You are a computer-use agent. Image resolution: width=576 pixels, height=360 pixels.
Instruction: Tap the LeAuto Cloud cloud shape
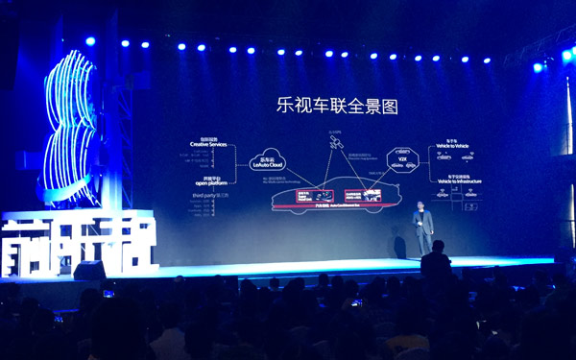[x=268, y=162]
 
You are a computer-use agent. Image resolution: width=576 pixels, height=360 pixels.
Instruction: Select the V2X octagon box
[x=402, y=157]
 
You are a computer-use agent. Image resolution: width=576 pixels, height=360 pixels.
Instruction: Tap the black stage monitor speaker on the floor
[x=89, y=272]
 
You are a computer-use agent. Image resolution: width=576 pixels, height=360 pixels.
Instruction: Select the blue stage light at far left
[x=90, y=41]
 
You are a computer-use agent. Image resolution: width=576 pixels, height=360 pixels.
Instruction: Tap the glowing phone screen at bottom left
[x=108, y=292]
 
